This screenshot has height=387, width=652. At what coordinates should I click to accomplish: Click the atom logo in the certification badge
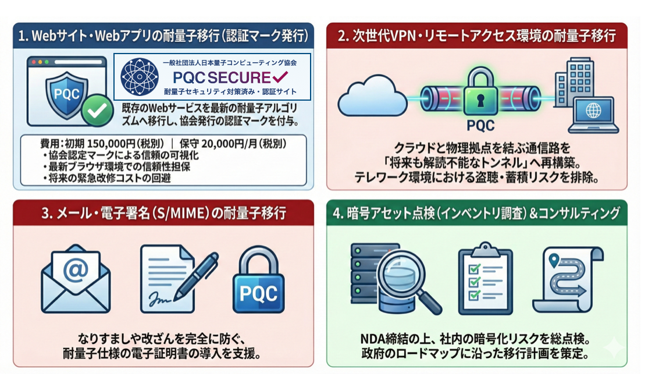point(140,76)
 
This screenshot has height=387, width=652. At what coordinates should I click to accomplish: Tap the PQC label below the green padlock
point(480,126)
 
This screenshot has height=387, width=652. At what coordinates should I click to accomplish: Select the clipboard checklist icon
point(485,277)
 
